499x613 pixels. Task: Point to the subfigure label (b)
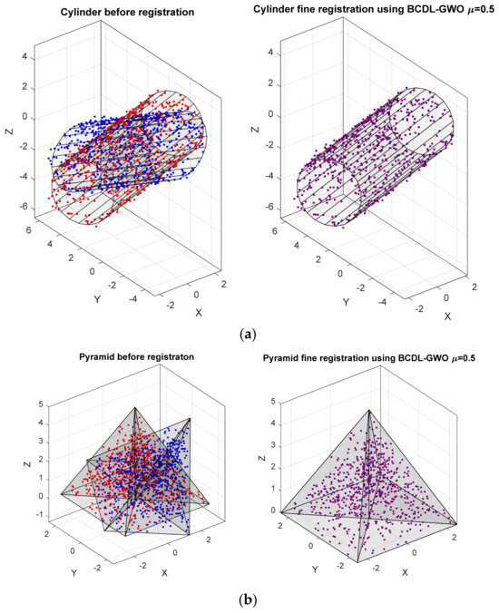point(249,599)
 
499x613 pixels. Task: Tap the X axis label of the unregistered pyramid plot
point(164,573)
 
